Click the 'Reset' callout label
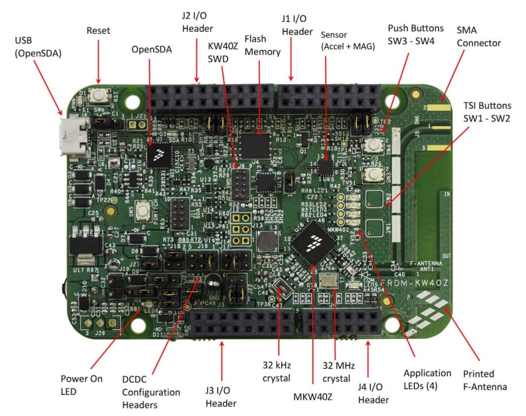point(98,31)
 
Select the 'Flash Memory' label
point(264,46)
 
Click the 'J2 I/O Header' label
point(197,22)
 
